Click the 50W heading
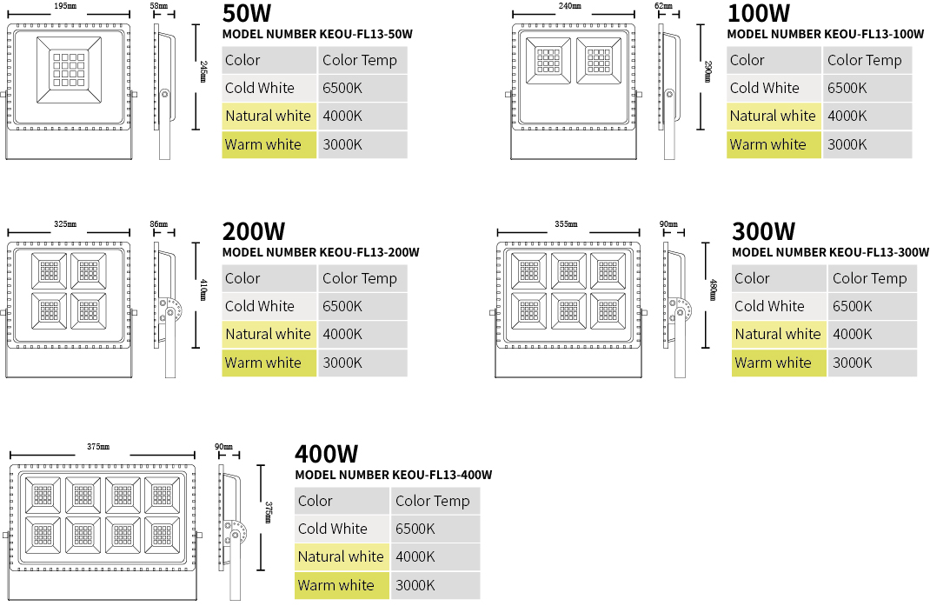(x=247, y=13)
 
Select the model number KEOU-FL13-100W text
(x=825, y=35)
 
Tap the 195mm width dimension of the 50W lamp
(x=65, y=6)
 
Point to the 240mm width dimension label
(x=569, y=6)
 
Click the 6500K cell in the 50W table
(x=363, y=88)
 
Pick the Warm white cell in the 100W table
(x=774, y=144)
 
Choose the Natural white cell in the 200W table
(x=269, y=334)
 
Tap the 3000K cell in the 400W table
(x=435, y=585)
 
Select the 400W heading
(x=326, y=454)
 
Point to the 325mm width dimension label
(x=65, y=224)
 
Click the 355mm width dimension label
(x=566, y=224)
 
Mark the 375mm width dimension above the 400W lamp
(x=98, y=447)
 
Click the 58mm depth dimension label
(x=159, y=6)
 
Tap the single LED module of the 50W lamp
(x=69, y=70)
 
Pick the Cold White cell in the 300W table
(x=779, y=306)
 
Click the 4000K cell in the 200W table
(x=363, y=334)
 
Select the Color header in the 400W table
(x=342, y=501)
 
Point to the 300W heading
(x=763, y=231)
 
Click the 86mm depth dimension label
(x=159, y=224)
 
